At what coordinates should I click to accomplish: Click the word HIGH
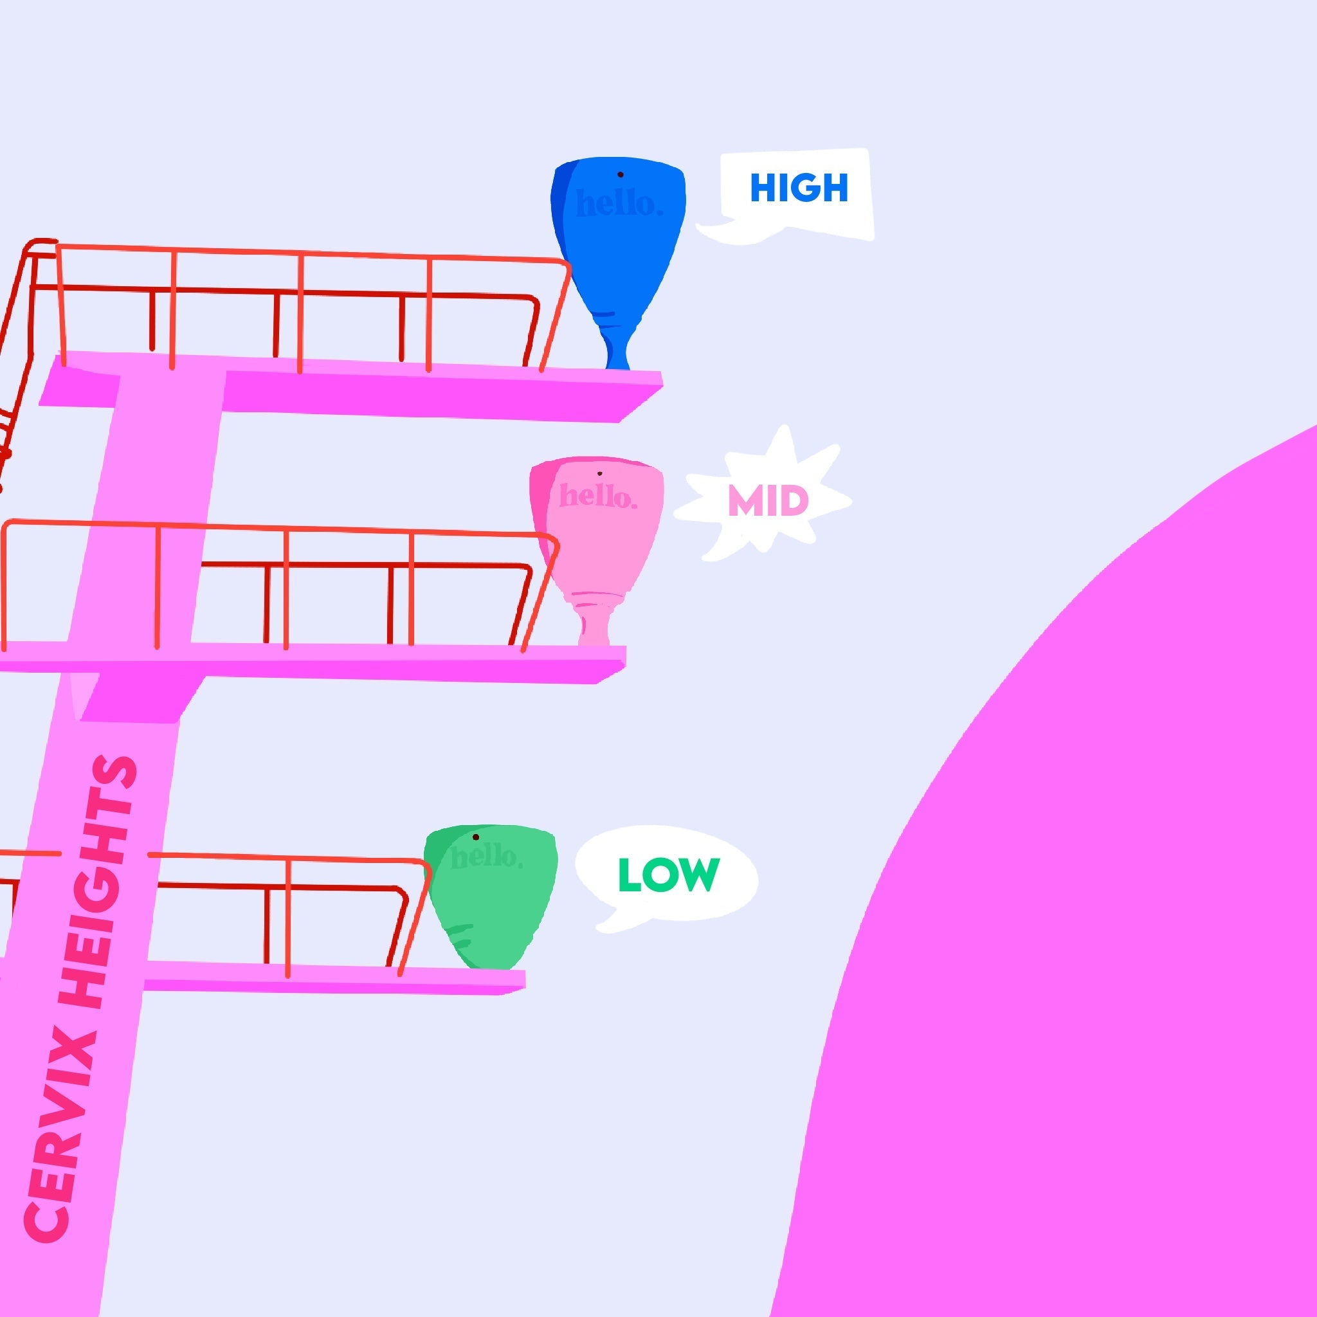tap(798, 188)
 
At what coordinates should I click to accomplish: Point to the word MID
tap(768, 502)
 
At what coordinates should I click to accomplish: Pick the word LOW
tap(668, 875)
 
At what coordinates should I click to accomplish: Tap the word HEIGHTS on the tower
tap(105, 886)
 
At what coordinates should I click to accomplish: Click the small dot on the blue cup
tap(621, 175)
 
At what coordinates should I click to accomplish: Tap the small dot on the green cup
tap(476, 837)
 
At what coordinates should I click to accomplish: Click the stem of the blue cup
tap(618, 351)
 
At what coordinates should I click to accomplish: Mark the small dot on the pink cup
tap(600, 473)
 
